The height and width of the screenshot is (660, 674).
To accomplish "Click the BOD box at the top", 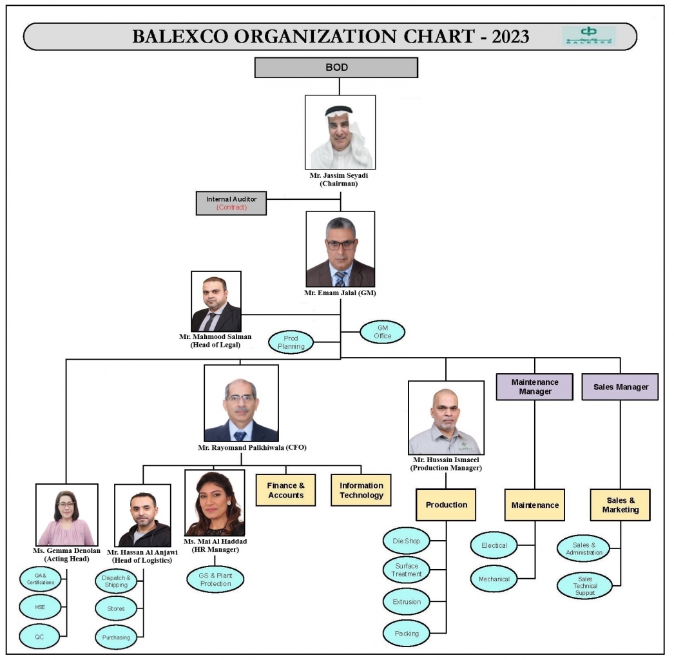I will [336, 67].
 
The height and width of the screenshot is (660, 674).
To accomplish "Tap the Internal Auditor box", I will [231, 203].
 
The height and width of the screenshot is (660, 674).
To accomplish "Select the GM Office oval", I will [382, 332].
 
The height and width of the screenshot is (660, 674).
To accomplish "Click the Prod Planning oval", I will [291, 342].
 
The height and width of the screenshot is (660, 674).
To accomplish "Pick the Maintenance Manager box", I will [534, 387].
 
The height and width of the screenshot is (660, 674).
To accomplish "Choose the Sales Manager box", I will [621, 387].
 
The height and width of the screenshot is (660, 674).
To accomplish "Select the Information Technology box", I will [361, 490].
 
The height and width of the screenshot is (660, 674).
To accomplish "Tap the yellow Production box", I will [446, 505].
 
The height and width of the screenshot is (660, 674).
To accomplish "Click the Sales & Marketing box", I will [620, 505].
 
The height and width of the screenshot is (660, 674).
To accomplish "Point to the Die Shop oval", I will [406, 541].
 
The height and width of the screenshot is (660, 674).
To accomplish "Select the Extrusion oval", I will [406, 601].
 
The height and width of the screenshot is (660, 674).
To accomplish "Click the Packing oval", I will [406, 633].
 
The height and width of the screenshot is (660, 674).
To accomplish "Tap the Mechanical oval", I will [494, 579].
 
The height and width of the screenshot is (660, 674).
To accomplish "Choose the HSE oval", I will [41, 606].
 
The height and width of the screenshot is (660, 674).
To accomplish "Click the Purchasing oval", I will [116, 637].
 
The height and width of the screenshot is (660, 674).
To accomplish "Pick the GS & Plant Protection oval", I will [216, 579].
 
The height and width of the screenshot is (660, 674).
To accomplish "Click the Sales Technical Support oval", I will [584, 585].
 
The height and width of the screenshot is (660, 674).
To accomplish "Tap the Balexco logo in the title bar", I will [588, 35].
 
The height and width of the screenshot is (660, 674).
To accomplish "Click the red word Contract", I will [231, 208].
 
